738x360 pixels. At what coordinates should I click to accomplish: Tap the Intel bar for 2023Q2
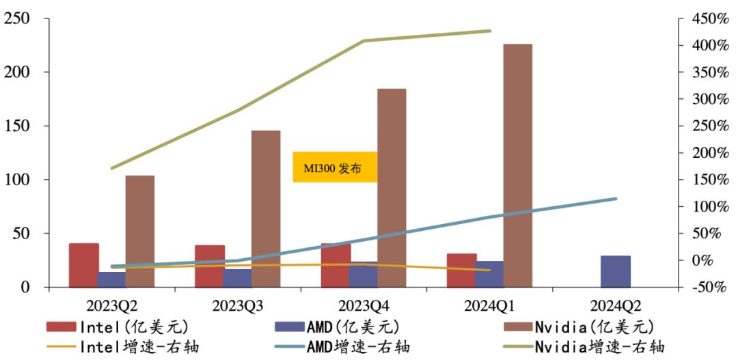point(83,264)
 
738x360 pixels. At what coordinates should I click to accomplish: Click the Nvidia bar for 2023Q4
point(392,188)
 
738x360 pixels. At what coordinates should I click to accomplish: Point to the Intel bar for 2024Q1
point(461,270)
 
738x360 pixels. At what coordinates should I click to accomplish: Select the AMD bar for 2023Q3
point(237,278)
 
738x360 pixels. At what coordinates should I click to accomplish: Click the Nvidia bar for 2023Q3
point(265,208)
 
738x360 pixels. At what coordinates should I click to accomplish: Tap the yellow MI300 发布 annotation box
point(335,167)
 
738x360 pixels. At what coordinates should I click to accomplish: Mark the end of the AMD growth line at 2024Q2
point(616,199)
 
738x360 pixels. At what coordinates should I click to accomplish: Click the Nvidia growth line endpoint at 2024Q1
point(490,31)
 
